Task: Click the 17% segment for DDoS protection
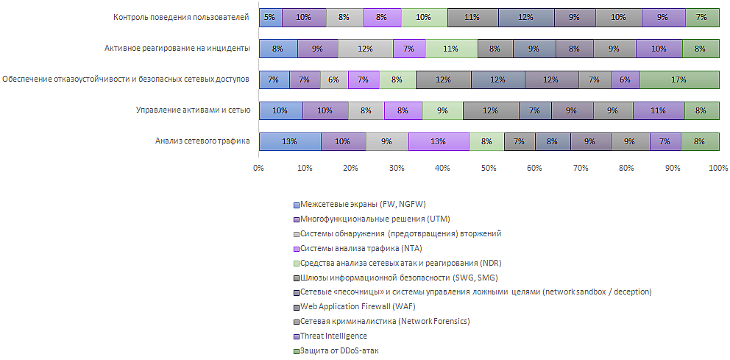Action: pyautogui.click(x=679, y=80)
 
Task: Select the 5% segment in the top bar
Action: pyautogui.click(x=270, y=17)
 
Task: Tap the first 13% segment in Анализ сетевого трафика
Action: pyautogui.click(x=289, y=141)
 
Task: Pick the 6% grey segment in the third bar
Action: pyautogui.click(x=334, y=80)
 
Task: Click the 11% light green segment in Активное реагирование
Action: pyautogui.click(x=451, y=49)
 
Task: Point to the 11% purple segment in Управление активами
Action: pyautogui.click(x=658, y=110)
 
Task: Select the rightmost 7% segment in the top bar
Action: pyautogui.click(x=702, y=17)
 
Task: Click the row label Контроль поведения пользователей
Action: pyautogui.click(x=182, y=17)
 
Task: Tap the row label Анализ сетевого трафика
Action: pyautogui.click(x=202, y=141)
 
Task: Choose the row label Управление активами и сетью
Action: pyautogui.click(x=194, y=110)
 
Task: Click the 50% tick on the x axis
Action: pyautogui.click(x=489, y=169)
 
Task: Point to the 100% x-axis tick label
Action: pyautogui.click(x=718, y=169)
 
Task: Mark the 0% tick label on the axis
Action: pyautogui.click(x=258, y=169)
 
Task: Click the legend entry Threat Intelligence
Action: pyautogui.click(x=333, y=336)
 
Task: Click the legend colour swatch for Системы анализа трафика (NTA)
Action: pyautogui.click(x=297, y=248)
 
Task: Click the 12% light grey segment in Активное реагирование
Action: pyautogui.click(x=365, y=49)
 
